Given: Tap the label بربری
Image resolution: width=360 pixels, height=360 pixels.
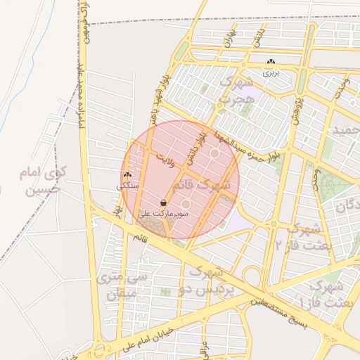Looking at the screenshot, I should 271,72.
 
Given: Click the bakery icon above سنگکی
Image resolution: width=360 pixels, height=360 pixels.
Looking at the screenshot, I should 127,175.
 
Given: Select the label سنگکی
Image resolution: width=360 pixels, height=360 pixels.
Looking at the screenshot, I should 128,186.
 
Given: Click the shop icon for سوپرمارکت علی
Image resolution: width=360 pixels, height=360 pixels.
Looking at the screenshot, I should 163,202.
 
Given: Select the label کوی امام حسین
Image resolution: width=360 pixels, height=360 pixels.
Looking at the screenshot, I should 44,181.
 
